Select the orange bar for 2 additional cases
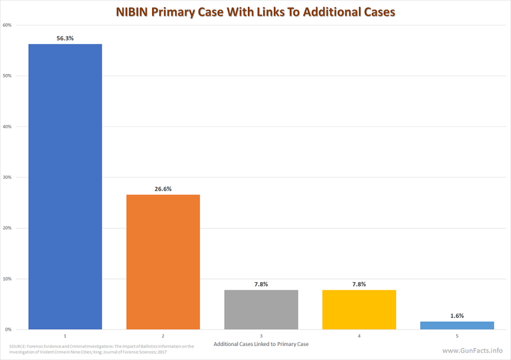pos(164,262)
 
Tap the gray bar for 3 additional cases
pos(262,310)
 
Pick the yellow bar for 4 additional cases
pos(360,310)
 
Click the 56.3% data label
pos(65,38)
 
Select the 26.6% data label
pos(164,188)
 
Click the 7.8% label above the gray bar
pos(262,284)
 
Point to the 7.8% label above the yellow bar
pos(360,284)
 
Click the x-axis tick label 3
pos(262,335)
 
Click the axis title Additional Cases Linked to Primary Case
pos(262,345)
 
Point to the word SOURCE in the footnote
pos(19,347)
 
